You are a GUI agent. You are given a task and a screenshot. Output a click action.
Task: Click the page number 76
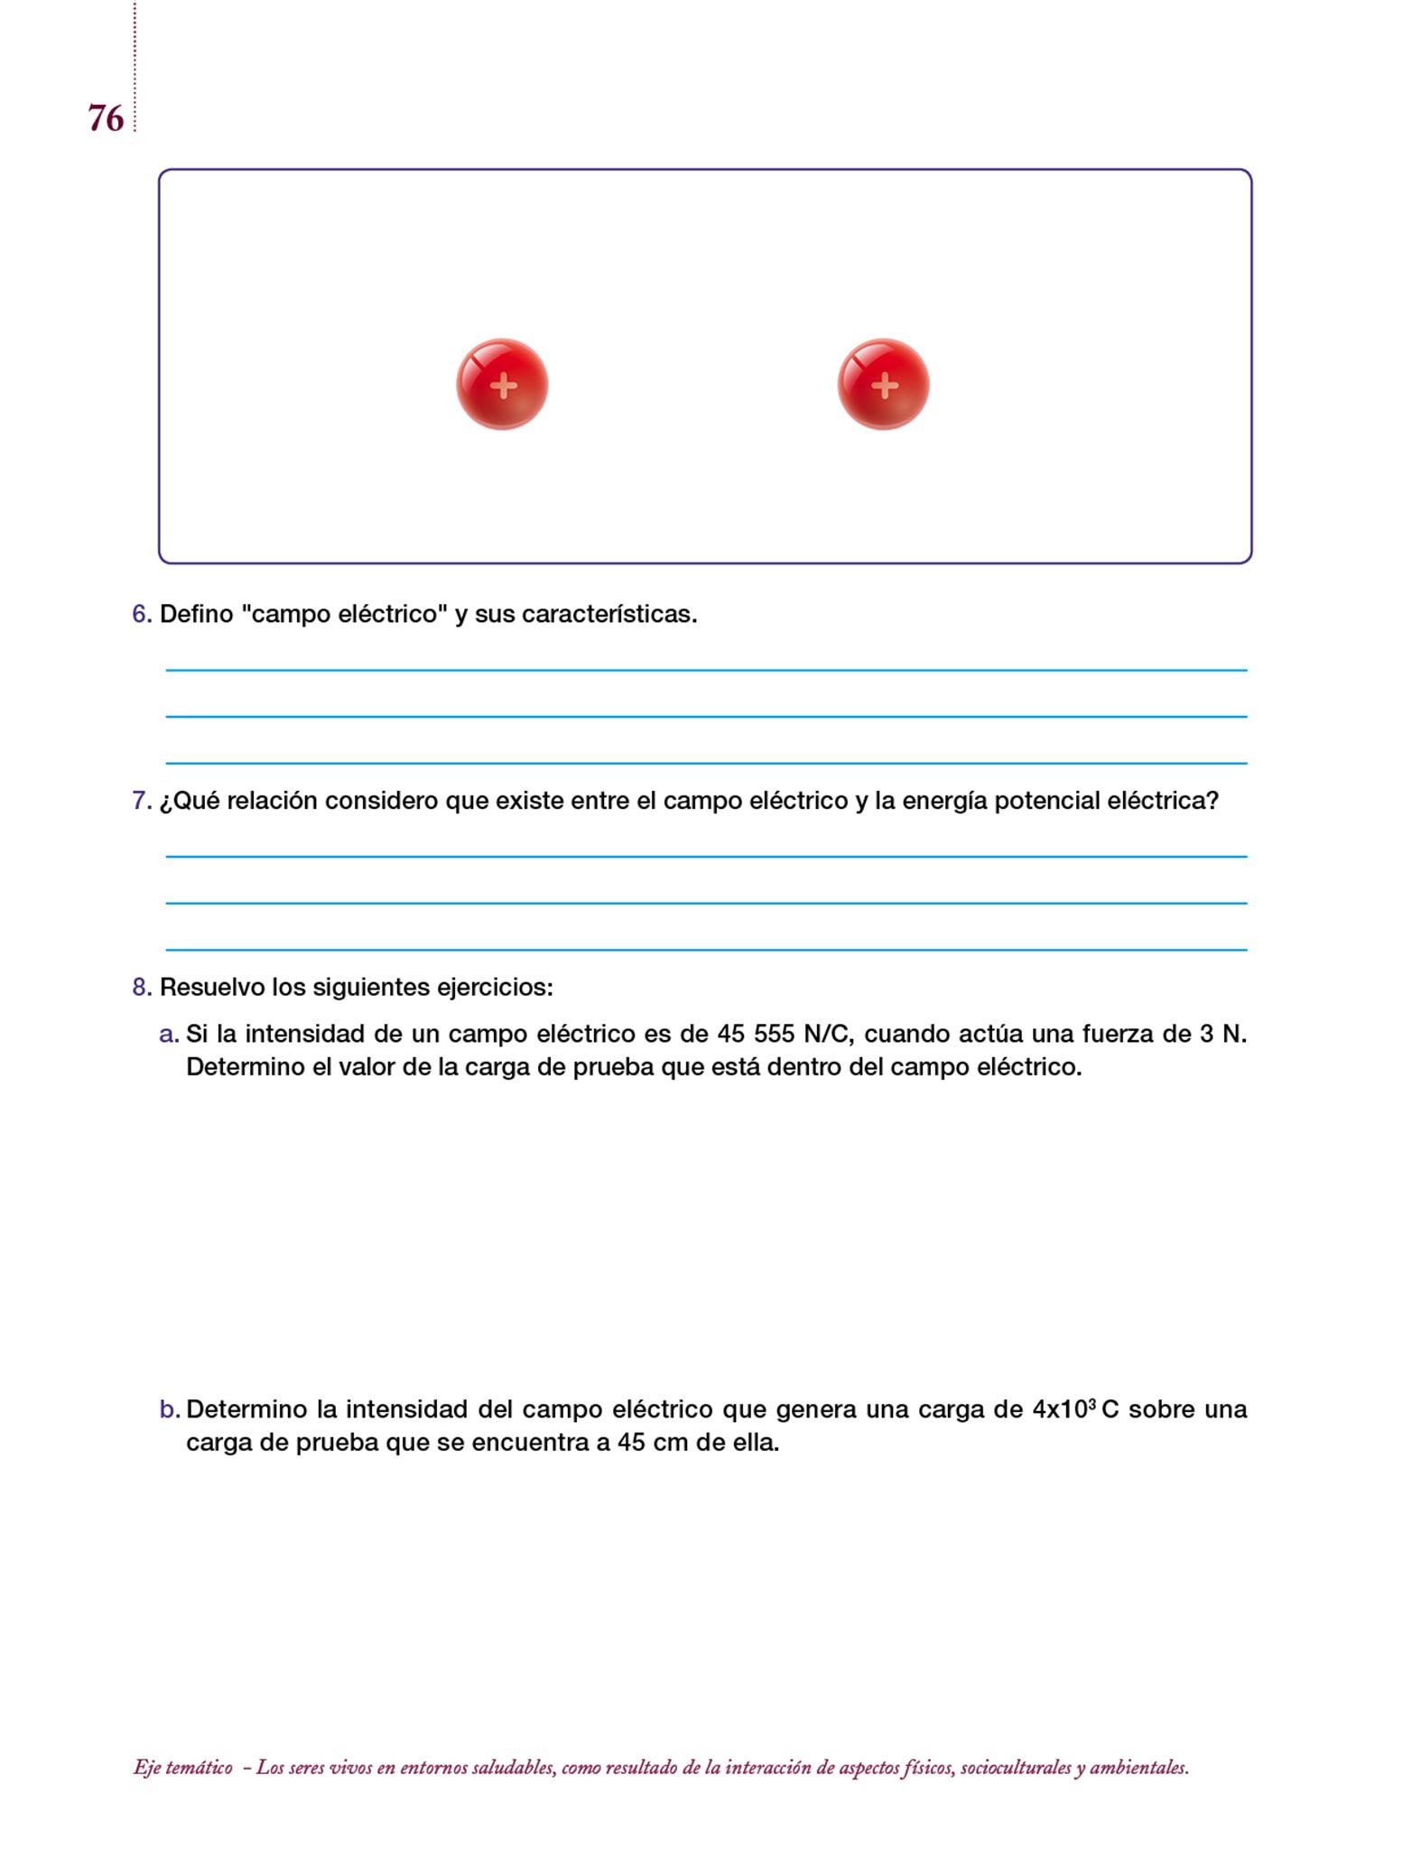click(x=106, y=118)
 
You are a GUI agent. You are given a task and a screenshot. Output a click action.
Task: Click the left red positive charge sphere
click(x=502, y=385)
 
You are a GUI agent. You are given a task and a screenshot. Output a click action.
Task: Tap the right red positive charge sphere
click(x=883, y=385)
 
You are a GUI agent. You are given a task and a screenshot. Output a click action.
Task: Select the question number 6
click(x=141, y=614)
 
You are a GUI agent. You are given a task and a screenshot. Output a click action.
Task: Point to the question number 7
click(x=141, y=801)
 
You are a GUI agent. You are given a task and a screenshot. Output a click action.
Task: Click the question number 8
click(x=141, y=987)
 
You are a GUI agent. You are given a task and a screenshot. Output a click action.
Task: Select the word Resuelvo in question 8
click(x=211, y=987)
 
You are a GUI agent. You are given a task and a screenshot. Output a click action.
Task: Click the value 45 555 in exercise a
click(x=756, y=1034)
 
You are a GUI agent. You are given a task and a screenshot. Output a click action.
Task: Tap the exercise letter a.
click(x=168, y=1034)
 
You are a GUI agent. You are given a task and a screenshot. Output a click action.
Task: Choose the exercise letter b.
click(x=169, y=1409)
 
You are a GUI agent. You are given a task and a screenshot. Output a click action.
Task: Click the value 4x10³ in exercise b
click(x=1064, y=1409)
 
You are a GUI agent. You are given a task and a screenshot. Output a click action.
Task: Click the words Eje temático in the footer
click(x=183, y=1768)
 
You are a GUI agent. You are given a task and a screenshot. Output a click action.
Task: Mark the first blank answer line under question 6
click(x=706, y=670)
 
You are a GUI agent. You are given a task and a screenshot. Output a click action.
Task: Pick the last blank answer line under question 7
click(x=706, y=949)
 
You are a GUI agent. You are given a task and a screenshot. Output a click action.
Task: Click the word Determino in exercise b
click(x=246, y=1409)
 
